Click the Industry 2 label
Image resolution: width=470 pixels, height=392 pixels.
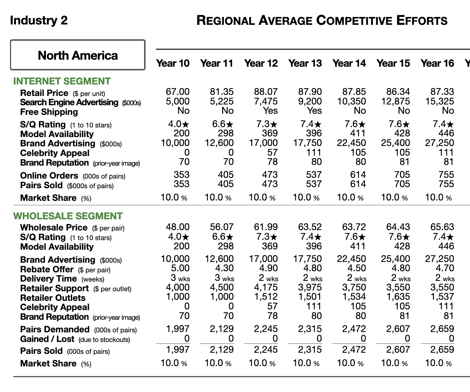[39, 20]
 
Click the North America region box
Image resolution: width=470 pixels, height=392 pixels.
[78, 55]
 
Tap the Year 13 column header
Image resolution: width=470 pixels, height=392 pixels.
[305, 63]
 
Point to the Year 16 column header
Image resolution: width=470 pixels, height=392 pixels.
[437, 63]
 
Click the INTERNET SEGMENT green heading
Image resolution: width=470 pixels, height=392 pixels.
[62, 81]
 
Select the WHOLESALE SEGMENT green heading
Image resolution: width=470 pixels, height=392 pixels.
[68, 216]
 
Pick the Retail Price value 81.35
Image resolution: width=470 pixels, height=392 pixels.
[221, 92]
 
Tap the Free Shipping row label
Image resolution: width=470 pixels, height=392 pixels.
[49, 112]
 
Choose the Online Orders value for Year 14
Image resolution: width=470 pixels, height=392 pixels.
[358, 175]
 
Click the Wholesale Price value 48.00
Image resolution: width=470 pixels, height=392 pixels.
[177, 227]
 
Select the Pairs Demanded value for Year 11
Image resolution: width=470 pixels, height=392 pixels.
[221, 329]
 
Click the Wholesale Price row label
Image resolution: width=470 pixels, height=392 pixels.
[54, 227]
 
